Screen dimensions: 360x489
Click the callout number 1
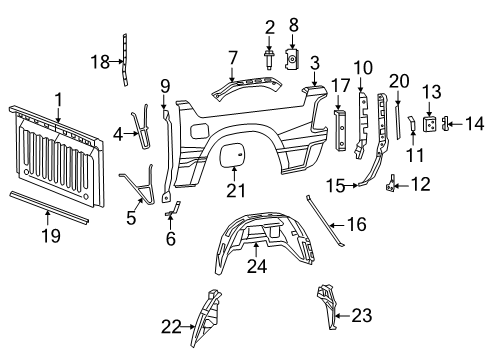pos(57,99)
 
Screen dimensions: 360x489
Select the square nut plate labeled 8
pos(294,59)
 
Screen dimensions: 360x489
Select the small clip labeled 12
pos(392,182)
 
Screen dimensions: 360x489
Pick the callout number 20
pos(400,81)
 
